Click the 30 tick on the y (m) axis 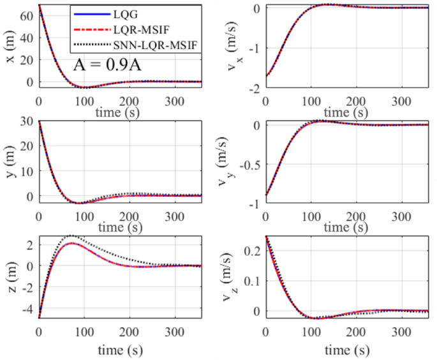click(27, 121)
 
